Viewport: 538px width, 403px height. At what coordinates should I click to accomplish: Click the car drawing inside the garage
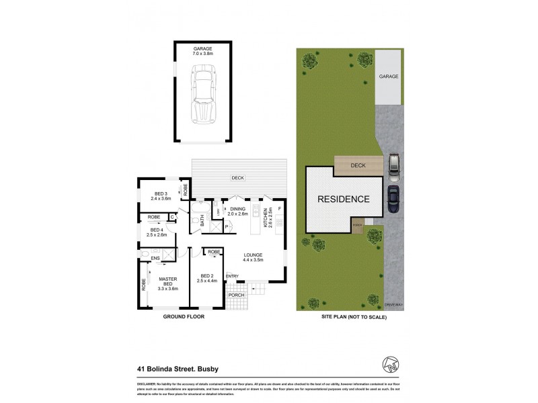203,94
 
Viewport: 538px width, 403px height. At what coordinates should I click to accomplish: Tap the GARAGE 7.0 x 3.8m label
203,52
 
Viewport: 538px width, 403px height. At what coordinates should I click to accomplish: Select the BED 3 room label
161,197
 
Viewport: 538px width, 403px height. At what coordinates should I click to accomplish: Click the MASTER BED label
167,284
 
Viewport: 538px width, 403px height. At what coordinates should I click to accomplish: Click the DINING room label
238,212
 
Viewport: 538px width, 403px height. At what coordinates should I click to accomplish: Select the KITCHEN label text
267,218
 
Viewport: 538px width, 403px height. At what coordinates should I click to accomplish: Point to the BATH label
200,220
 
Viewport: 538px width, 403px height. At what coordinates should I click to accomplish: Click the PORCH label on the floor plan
236,294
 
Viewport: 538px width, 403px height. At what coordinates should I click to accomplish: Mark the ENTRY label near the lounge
232,277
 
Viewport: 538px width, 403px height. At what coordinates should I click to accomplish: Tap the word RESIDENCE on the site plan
344,199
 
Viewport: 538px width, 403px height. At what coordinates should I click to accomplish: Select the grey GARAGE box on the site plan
388,77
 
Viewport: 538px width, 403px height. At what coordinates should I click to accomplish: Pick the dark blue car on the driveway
393,198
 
